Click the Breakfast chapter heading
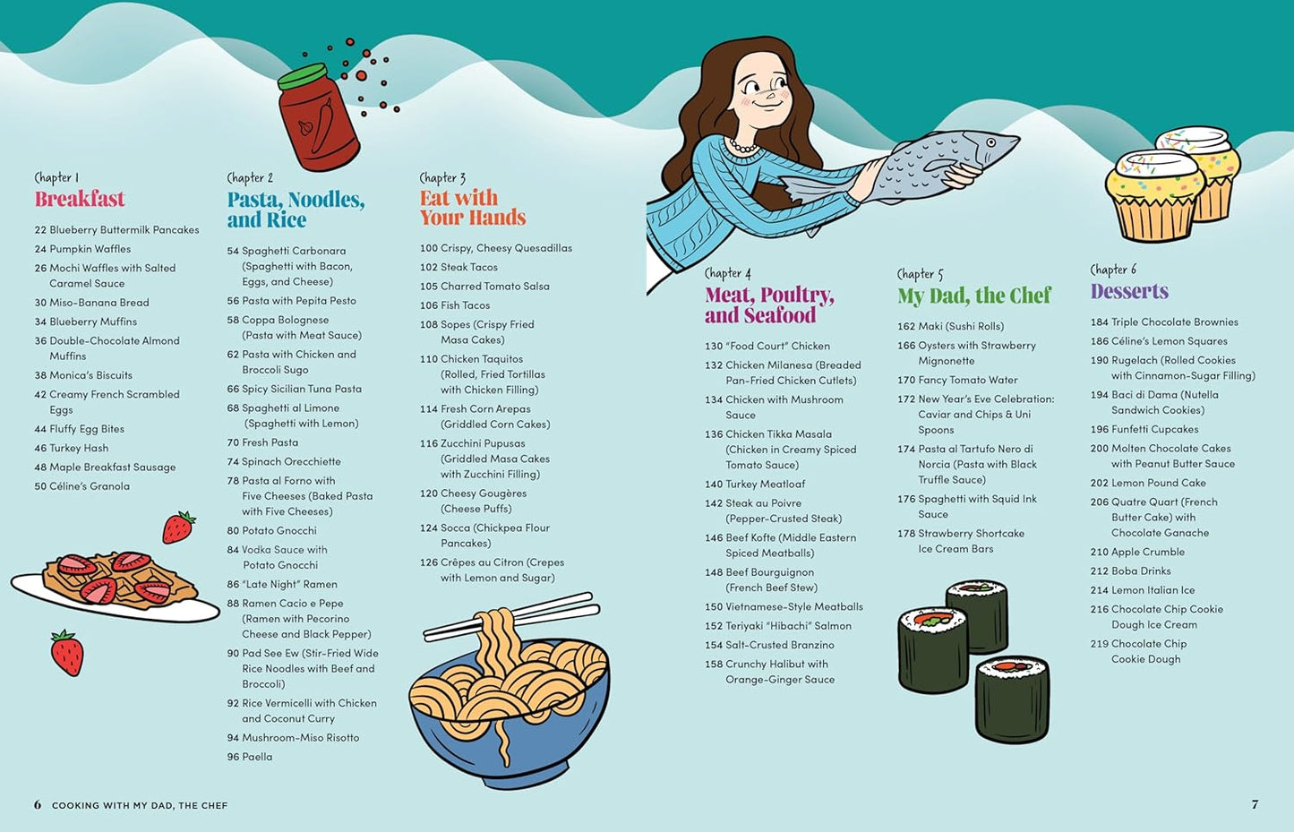pyautogui.click(x=80, y=199)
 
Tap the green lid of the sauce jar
pyautogui.click(x=302, y=76)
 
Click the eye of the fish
pyautogui.click(x=990, y=142)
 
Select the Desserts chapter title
pyautogui.click(x=1129, y=291)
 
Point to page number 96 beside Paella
pyautogui.click(x=234, y=757)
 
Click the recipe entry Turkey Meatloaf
pyautogui.click(x=754, y=485)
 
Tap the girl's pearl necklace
pyautogui.click(x=742, y=146)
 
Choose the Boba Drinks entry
pyautogui.click(x=1130, y=570)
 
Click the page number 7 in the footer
pyautogui.click(x=1255, y=804)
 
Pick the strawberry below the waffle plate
pyautogui.click(x=67, y=653)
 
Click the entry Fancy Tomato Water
pyautogui.click(x=957, y=381)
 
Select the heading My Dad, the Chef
pyautogui.click(x=974, y=296)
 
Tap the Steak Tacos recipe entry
pyautogui.click(x=458, y=267)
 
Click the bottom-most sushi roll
pyautogui.click(x=1012, y=699)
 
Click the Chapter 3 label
pyautogui.click(x=442, y=177)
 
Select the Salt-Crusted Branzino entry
pyautogui.click(x=769, y=645)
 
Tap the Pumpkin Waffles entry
pyautogui.click(x=82, y=249)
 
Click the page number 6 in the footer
pyautogui.click(x=38, y=805)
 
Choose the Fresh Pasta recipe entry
pyautogui.click(x=263, y=442)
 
